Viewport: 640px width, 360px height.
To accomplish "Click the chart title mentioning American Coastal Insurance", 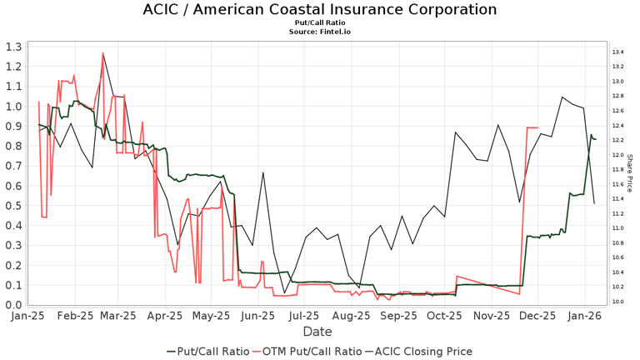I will pyautogui.click(x=320, y=10).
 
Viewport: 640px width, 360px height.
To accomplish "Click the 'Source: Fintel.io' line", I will pyautogui.click(x=320, y=32).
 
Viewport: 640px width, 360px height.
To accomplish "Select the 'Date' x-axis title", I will pyautogui.click(x=317, y=332).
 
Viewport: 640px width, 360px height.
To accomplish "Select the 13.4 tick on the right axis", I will pyautogui.click(x=619, y=52).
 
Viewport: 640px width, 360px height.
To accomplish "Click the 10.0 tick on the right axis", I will pyautogui.click(x=619, y=302).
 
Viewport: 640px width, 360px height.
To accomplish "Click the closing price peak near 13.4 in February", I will pyautogui.click(x=103, y=53).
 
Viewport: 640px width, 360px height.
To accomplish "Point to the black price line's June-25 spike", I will pyautogui.click(x=263, y=172).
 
